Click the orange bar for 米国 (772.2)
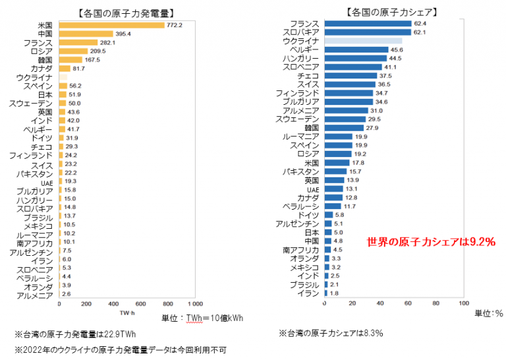pos(111,25)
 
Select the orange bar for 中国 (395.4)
pos(86,34)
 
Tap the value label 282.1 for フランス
pos(108,42)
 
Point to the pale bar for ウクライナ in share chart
pos(363,41)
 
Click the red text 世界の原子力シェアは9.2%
pos(430,242)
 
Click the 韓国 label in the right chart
pos(312,127)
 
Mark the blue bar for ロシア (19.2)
pos(338,154)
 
